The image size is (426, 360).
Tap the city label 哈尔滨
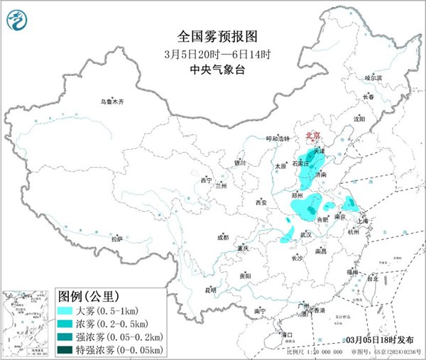pos(373,77)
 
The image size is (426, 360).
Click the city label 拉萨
pos(116,239)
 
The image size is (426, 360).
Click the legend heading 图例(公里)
pos(88,296)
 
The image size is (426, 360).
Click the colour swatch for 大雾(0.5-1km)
pos(68,310)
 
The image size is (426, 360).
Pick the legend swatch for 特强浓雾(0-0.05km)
pos(68,349)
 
